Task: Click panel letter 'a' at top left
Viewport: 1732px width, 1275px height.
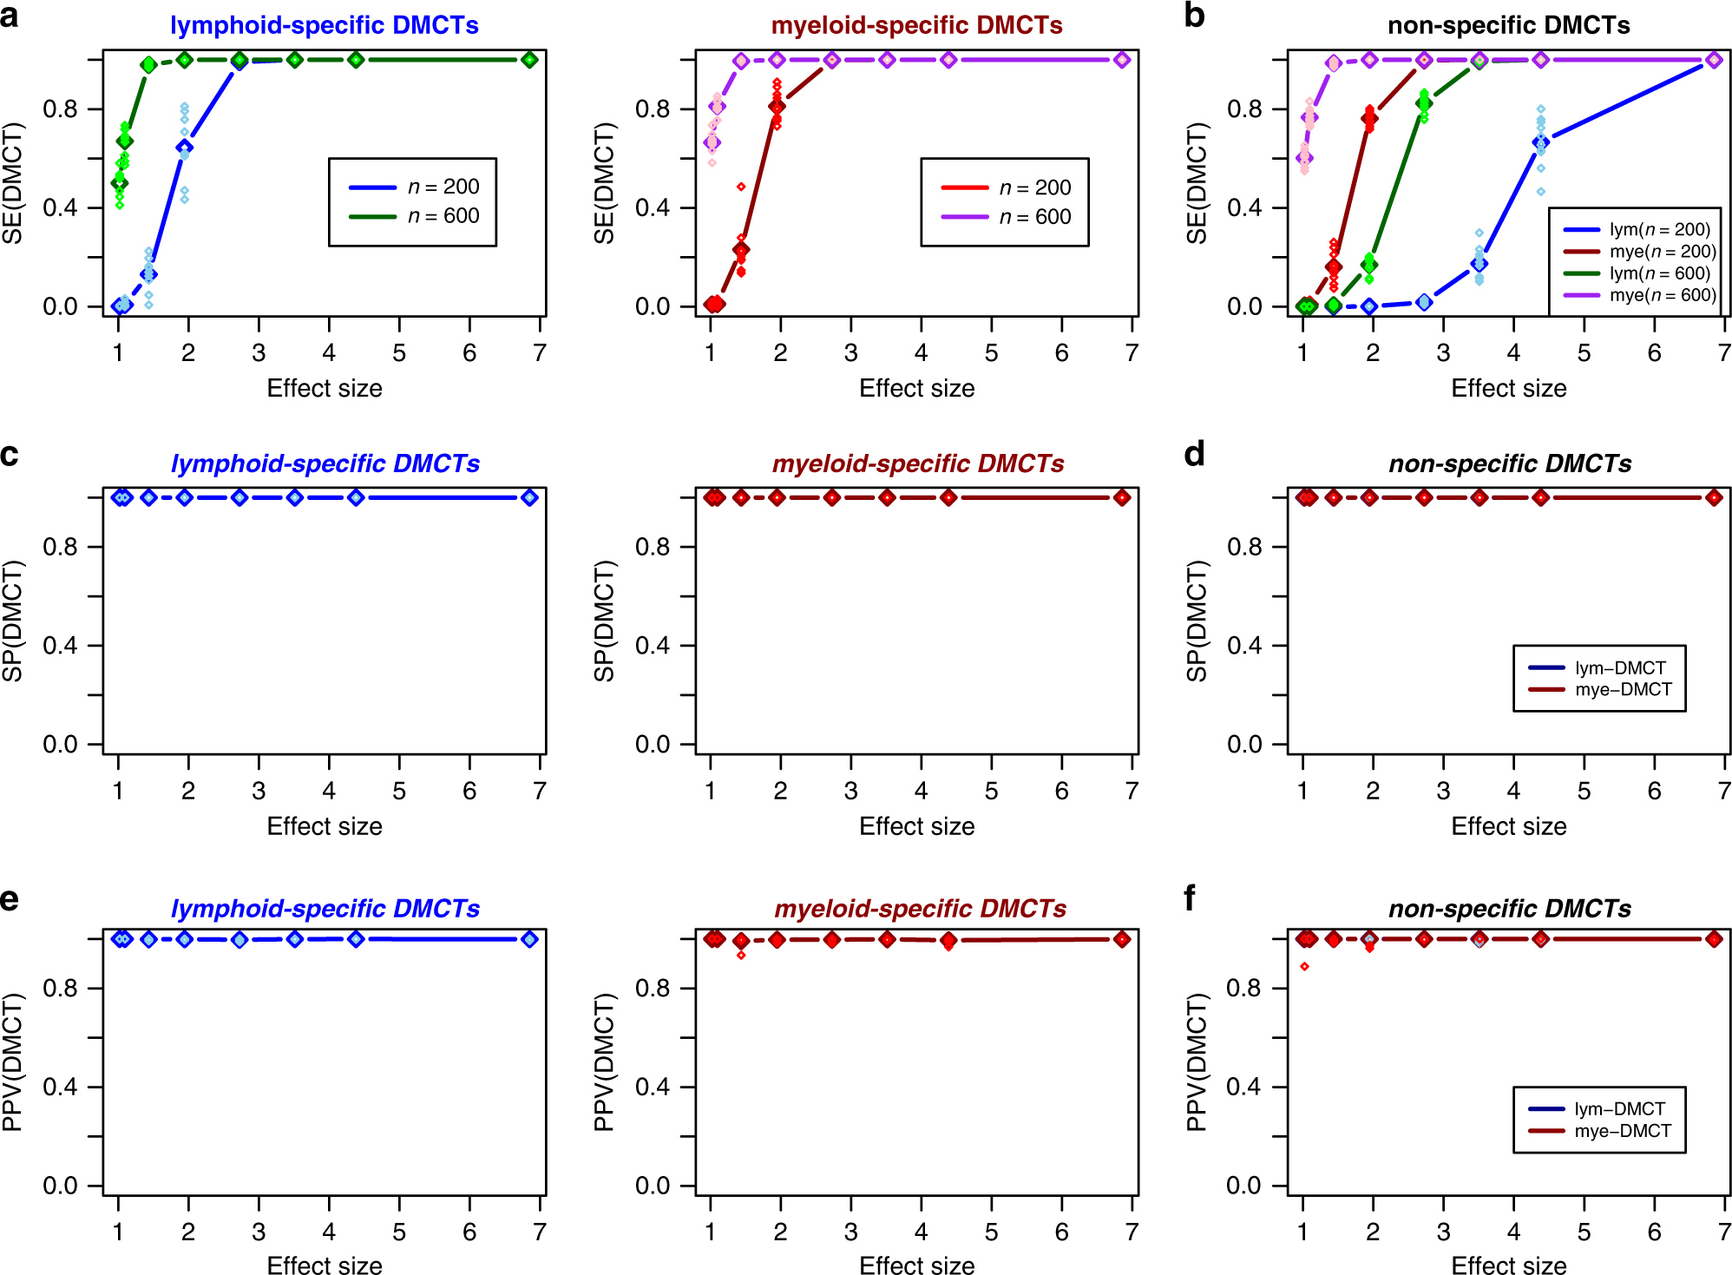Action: tap(10, 16)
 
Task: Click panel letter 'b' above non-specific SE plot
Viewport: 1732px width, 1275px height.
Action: tap(1194, 16)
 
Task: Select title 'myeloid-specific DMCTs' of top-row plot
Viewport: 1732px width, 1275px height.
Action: tap(916, 25)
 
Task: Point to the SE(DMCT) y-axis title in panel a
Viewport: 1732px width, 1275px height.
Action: tap(13, 183)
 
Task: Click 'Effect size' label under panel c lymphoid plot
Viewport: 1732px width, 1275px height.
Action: tap(325, 826)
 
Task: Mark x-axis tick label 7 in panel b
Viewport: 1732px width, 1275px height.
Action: tap(1723, 353)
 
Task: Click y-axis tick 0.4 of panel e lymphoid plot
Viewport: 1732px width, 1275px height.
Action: tap(60, 1087)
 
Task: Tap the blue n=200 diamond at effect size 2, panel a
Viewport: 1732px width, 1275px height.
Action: tap(184, 148)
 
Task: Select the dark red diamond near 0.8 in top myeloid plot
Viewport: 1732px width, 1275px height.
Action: tap(777, 107)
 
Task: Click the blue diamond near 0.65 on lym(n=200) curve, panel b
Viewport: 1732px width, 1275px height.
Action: tap(1540, 142)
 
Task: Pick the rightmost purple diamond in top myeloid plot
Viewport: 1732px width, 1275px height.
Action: tap(1122, 60)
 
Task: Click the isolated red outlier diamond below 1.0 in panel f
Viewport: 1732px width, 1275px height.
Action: tap(1304, 966)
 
